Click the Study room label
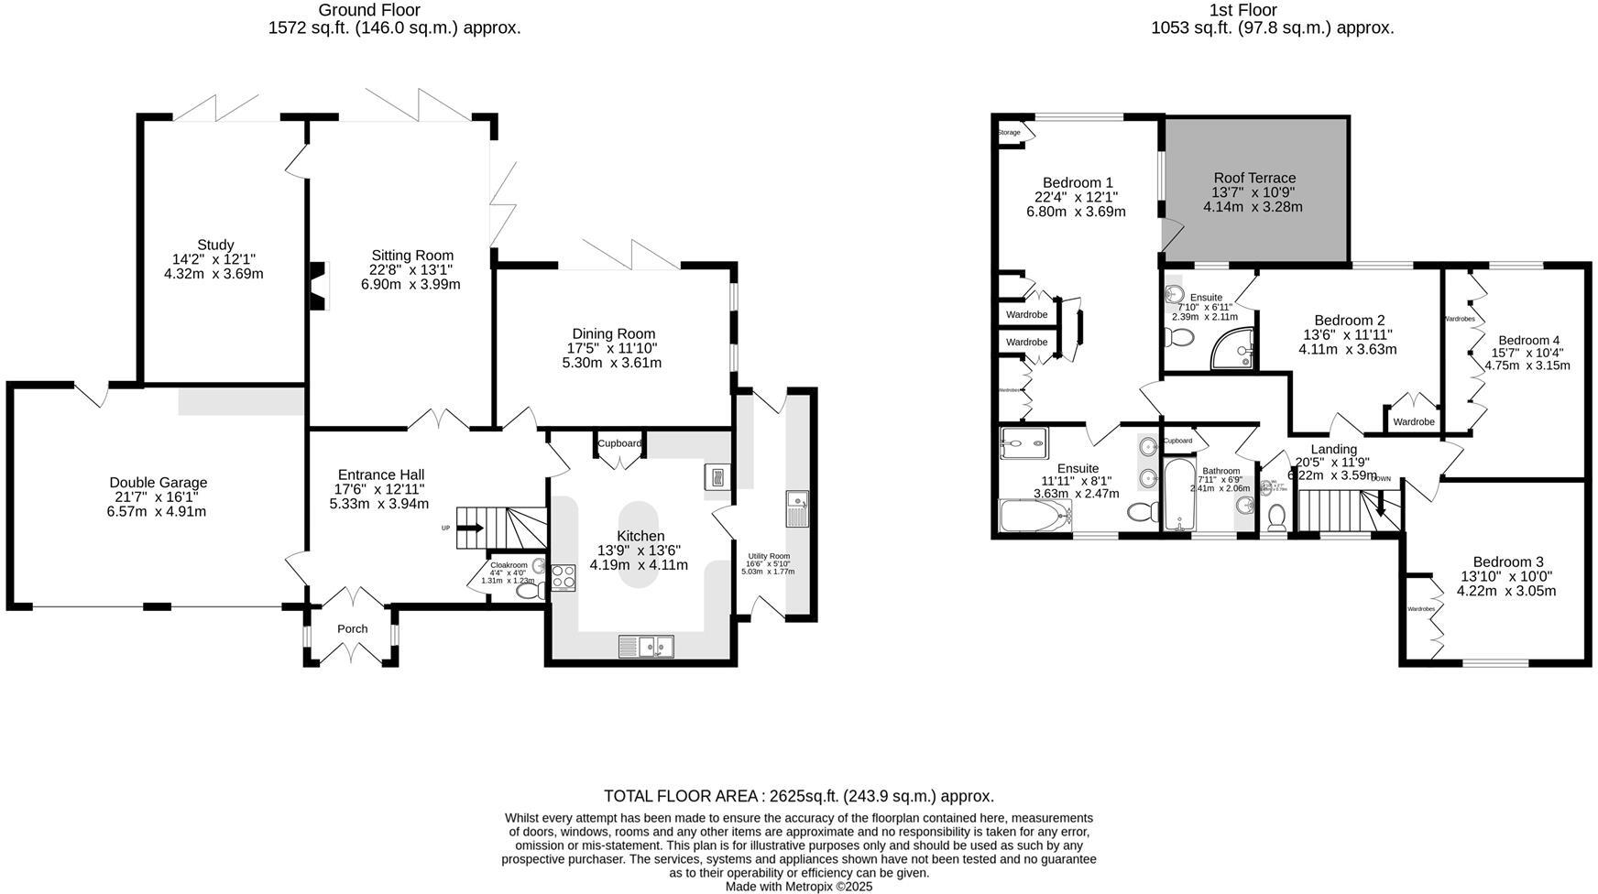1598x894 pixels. coord(215,245)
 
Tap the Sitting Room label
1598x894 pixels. coord(411,256)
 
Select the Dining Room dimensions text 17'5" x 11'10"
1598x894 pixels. coord(611,348)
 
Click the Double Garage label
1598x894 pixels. coord(158,483)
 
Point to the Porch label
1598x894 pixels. coord(352,629)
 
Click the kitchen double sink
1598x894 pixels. coord(646,647)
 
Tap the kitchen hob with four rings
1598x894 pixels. coord(562,578)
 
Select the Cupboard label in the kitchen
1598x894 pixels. coord(619,443)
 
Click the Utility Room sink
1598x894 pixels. coord(796,509)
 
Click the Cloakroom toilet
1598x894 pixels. coord(529,591)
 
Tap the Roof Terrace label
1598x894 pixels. coord(1254,178)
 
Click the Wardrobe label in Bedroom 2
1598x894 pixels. coord(1413,422)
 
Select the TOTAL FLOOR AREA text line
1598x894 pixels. coord(798,796)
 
